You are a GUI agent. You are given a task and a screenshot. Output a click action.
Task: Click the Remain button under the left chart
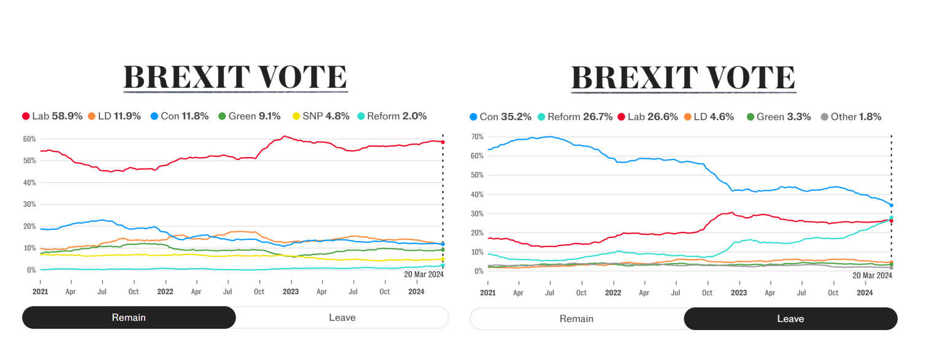[129, 318]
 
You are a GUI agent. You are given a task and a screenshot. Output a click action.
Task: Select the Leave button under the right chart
[790, 319]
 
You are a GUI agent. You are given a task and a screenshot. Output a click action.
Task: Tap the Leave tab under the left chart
[342, 318]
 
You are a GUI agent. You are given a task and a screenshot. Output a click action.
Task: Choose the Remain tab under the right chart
[576, 319]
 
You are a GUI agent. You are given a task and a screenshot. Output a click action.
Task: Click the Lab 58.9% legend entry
[52, 116]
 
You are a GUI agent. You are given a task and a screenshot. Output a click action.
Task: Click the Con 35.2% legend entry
[500, 117]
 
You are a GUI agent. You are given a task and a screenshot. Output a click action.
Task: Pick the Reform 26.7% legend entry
[574, 117]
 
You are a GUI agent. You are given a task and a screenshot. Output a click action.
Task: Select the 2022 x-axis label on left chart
[165, 292]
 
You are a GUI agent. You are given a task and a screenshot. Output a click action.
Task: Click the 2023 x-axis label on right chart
[738, 293]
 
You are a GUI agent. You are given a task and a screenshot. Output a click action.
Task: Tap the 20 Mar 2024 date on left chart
[424, 275]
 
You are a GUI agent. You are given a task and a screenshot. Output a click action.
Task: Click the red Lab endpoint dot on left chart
[443, 142]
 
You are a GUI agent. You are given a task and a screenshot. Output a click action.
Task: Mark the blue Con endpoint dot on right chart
[891, 205]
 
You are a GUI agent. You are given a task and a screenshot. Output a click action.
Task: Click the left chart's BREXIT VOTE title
[235, 77]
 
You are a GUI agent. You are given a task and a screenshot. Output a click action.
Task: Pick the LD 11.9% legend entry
[114, 116]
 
